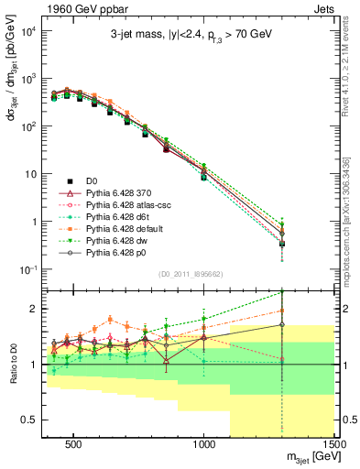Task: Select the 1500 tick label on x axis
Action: point(335,445)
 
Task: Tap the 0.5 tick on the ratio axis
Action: point(35,420)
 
